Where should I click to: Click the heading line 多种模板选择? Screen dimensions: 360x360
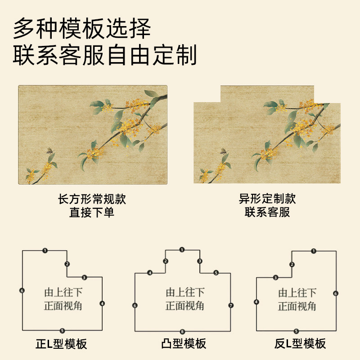(x=82, y=29)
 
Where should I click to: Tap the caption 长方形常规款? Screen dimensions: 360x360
(x=92, y=199)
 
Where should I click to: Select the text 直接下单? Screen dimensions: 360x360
(x=92, y=212)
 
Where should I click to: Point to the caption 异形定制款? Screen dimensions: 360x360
(x=267, y=199)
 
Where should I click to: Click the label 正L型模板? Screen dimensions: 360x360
(x=61, y=345)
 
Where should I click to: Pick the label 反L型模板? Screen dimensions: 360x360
(x=300, y=345)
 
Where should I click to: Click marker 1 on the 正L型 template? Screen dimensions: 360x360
(x=45, y=250)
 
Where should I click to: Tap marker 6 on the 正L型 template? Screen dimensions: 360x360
(x=22, y=291)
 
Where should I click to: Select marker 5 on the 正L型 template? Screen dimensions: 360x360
(x=62, y=331)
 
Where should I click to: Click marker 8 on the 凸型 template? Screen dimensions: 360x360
(x=182, y=332)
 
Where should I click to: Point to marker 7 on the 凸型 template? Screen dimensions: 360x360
(x=231, y=306)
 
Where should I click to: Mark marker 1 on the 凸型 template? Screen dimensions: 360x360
(x=182, y=249)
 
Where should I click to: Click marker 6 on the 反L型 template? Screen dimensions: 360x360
(x=336, y=293)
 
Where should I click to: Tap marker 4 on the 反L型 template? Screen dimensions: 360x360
(x=256, y=302)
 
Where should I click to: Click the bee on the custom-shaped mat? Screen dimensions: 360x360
(x=223, y=152)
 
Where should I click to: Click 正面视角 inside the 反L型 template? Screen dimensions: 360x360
(x=297, y=307)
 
